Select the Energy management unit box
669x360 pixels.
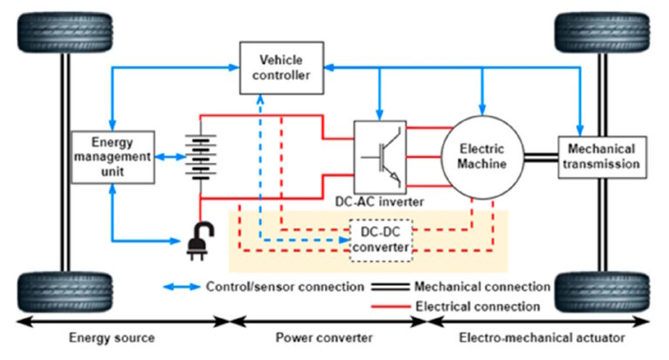(111, 157)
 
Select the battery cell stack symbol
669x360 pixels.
(201, 156)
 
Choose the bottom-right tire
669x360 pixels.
(600, 295)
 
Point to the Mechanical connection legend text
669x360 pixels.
(483, 286)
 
